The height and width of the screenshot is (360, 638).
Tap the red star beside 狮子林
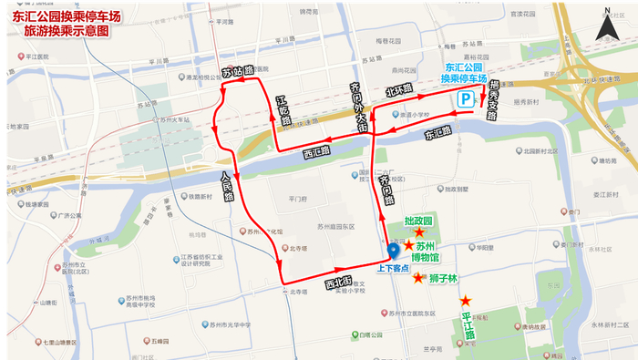pos(417,278)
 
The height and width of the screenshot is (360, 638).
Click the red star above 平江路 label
pos(466,301)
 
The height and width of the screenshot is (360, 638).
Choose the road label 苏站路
pos(237,71)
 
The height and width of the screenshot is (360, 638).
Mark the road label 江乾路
pos(283,111)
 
